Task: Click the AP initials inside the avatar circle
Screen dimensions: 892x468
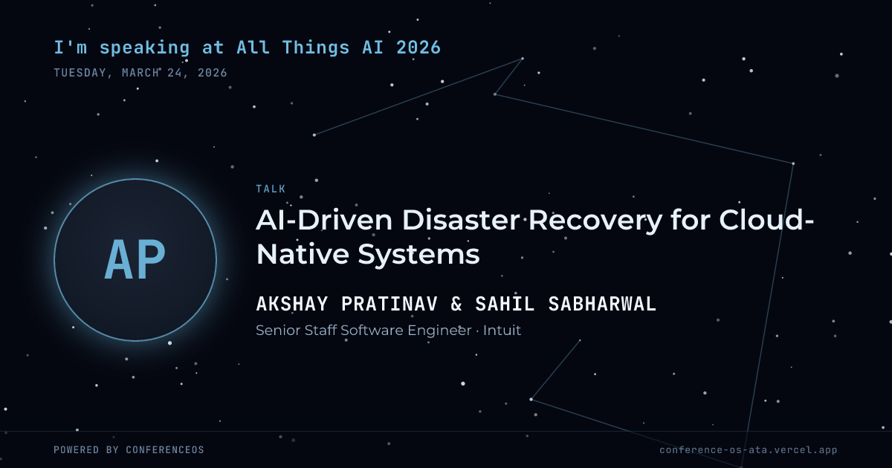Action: click(135, 260)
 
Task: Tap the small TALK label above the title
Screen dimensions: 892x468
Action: click(271, 189)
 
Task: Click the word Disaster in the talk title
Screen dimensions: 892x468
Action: click(461, 220)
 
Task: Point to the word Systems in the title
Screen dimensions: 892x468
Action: click(418, 255)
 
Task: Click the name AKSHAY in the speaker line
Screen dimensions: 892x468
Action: click(292, 304)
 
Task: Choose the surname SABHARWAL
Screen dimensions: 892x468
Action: click(602, 304)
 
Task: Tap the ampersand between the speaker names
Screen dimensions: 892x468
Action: click(456, 304)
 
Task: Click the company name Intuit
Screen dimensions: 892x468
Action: click(502, 331)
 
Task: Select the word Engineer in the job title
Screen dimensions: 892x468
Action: click(439, 331)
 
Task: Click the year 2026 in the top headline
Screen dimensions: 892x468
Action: click(418, 48)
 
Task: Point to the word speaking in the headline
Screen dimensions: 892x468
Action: click(144, 48)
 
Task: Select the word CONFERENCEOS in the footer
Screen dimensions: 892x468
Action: click(165, 449)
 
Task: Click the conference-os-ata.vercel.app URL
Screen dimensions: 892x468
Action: click(749, 450)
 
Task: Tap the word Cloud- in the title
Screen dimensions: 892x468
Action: click(766, 220)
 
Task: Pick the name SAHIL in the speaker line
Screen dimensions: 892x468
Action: click(505, 304)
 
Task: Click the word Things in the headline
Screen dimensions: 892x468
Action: click(316, 48)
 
